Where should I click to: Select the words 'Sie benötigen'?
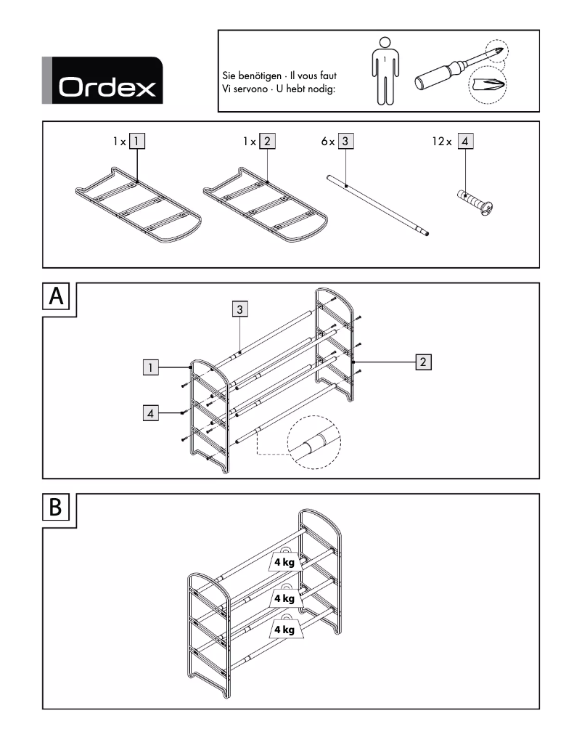pyautogui.click(x=250, y=76)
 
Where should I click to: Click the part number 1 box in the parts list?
pyautogui.click(x=137, y=142)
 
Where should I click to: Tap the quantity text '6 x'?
pyautogui.click(x=328, y=142)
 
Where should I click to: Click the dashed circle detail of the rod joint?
pyautogui.click(x=313, y=444)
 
